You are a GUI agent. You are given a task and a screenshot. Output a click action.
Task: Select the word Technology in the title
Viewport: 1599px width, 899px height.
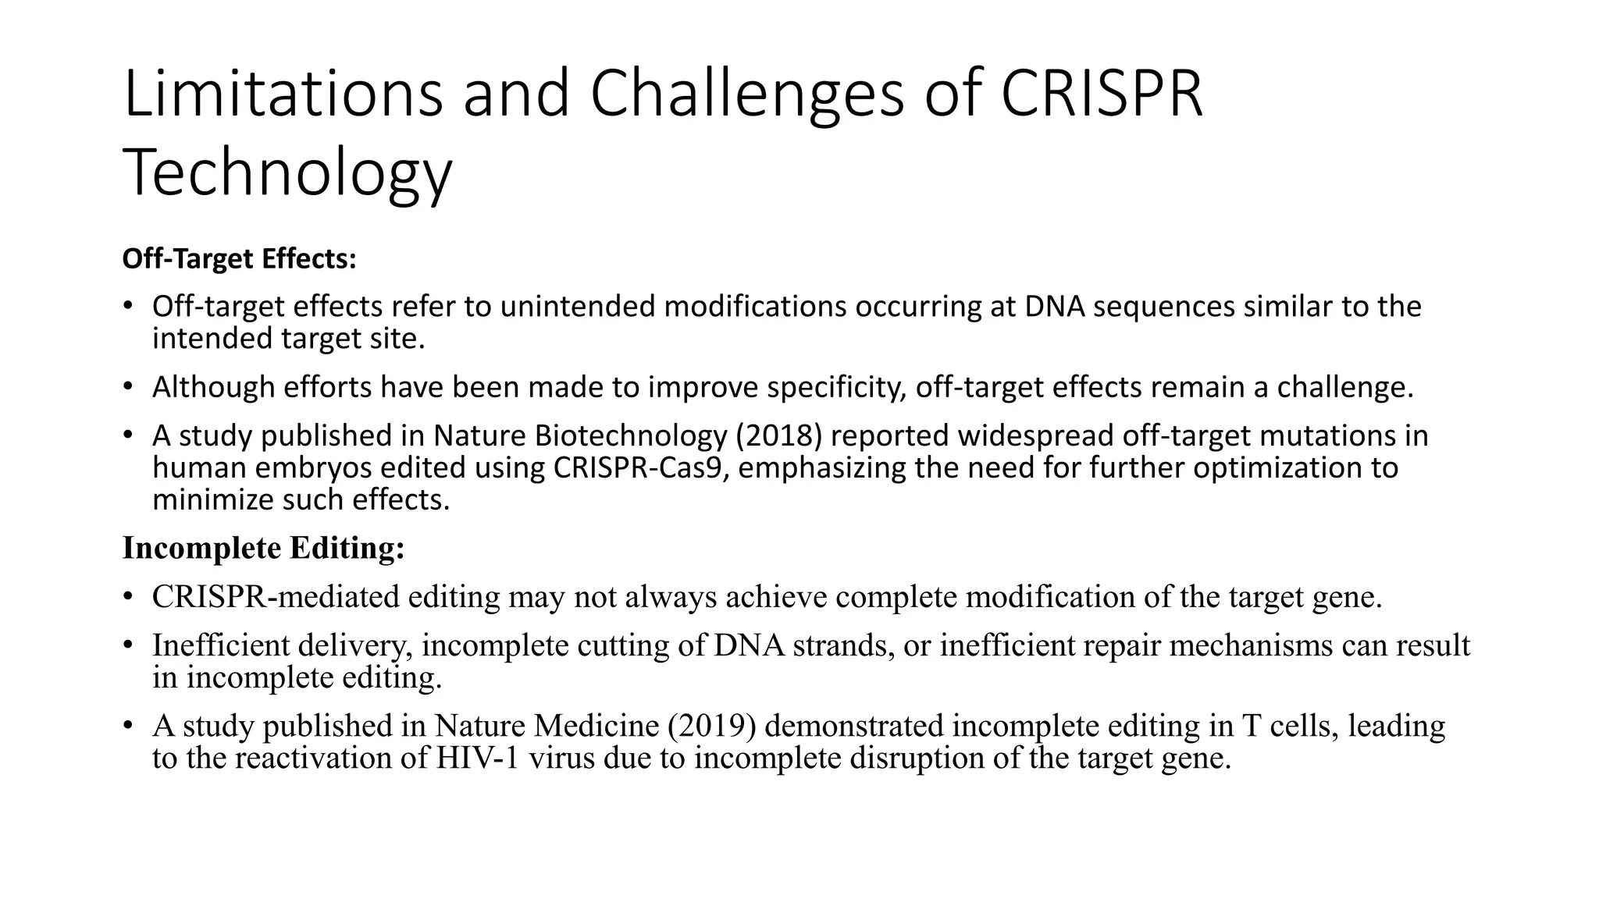[287, 173]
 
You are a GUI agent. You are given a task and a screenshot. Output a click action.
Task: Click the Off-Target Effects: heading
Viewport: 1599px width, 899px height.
[239, 259]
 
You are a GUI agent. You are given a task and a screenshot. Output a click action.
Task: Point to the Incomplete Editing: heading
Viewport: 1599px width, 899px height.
[263, 549]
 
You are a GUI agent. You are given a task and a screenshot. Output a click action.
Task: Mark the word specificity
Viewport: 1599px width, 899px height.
[836, 387]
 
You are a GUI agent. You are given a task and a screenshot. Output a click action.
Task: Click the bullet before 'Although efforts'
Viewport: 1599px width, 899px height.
[128, 387]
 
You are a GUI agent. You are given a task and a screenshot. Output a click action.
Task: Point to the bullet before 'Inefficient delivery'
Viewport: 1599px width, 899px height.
[128, 645]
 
